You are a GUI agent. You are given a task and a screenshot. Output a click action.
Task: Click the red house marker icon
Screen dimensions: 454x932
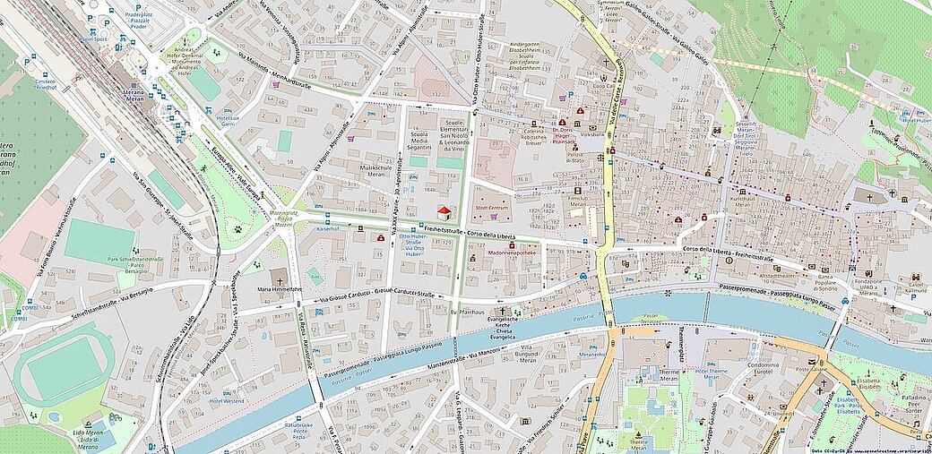point(444,212)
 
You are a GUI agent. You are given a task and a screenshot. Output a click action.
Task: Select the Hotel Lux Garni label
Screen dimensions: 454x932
point(229,121)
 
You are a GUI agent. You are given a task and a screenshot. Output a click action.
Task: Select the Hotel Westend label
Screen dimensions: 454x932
point(228,400)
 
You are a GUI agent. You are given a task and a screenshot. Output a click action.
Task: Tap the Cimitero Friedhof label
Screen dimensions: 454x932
point(45,84)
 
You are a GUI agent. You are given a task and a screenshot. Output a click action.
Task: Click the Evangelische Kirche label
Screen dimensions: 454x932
point(503,325)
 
